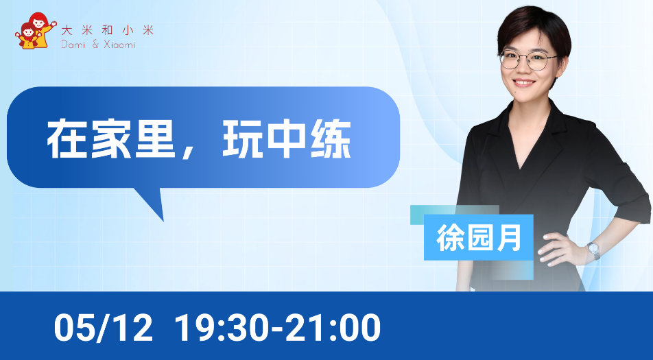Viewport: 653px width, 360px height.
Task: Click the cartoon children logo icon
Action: pos(36,30)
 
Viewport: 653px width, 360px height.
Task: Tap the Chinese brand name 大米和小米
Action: pos(108,30)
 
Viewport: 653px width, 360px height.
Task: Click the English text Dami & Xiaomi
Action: pos(98,45)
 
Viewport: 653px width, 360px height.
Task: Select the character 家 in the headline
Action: pos(111,139)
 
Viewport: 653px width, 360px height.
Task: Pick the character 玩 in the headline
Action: pos(243,139)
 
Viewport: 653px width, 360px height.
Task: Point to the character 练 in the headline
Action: pos(331,139)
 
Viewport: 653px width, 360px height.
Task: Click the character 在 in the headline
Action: pos(67,139)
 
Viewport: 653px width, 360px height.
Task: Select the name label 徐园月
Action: pos(479,238)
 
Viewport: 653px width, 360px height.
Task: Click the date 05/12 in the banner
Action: pos(104,328)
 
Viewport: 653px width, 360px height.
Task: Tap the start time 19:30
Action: pos(221,328)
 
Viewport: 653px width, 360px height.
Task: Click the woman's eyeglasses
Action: pos(528,60)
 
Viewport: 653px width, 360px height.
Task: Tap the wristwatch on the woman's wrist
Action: pos(593,250)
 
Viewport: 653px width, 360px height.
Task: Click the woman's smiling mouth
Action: pos(524,82)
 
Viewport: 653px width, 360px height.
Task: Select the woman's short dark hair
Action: pos(534,29)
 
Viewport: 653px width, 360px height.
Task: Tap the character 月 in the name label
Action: pos(509,238)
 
